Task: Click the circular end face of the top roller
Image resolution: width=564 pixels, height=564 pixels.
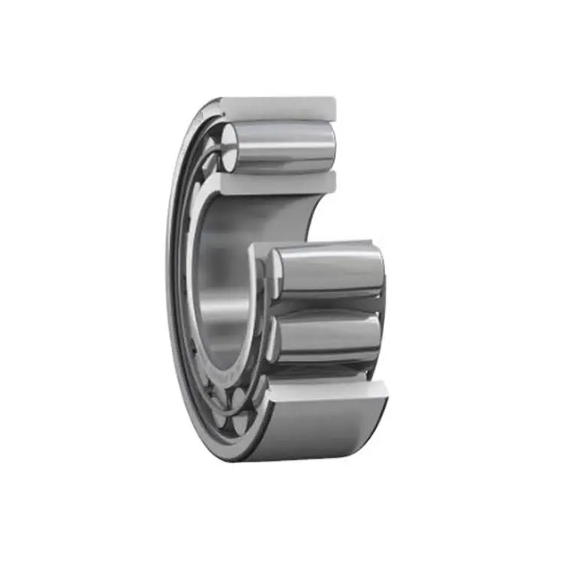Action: point(230,141)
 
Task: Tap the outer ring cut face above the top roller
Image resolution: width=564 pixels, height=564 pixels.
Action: point(278,107)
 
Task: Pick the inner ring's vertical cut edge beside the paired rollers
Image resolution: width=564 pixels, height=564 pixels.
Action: point(253,301)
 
